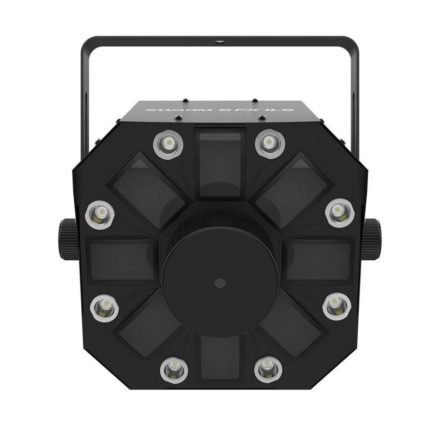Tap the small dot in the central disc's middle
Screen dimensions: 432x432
[220, 283]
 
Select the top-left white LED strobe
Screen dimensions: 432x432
[168, 144]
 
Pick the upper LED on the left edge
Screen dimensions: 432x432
[100, 215]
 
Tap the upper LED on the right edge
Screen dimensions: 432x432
[340, 212]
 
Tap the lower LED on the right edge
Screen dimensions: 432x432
[337, 306]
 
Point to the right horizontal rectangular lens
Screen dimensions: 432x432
[319, 260]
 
